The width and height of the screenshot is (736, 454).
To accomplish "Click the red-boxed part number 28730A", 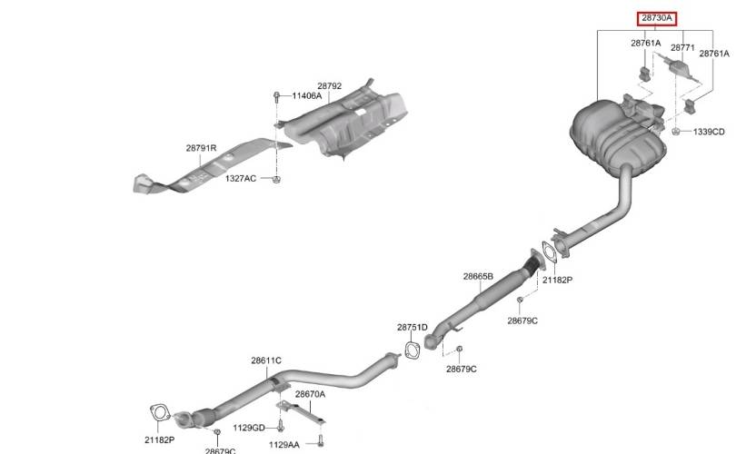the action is pos(657,19).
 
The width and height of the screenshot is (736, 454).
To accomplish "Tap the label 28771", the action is pos(682,48).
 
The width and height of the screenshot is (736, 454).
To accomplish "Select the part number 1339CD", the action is pos(709,133).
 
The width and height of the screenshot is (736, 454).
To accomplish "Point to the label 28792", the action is pos(330,86).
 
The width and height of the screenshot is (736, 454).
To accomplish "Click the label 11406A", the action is pos(307,96).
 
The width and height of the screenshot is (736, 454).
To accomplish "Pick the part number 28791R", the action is pos(201,148).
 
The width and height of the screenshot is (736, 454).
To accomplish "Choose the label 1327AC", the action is pos(241,179).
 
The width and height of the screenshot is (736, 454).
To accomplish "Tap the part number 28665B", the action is pos(478,277).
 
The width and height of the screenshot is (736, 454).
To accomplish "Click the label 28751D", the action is pos(413,328).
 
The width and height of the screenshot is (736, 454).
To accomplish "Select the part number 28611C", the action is pos(266,360).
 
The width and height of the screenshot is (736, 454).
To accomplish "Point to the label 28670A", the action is pos(310,394).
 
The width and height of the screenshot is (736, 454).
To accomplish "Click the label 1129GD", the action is pos(249,428).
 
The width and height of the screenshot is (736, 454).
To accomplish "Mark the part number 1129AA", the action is pos(284,445).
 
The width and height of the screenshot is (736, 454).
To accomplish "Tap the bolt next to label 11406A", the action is pos(276,97).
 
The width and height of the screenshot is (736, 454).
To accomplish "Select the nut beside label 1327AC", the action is pos(276,179).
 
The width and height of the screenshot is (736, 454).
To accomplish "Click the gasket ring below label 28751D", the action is pos(412,350).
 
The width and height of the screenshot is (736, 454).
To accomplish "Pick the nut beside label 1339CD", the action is pos(676,132).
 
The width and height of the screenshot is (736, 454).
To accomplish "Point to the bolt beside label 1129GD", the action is pos(280,426).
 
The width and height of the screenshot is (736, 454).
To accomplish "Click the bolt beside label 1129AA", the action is pos(321,440).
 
